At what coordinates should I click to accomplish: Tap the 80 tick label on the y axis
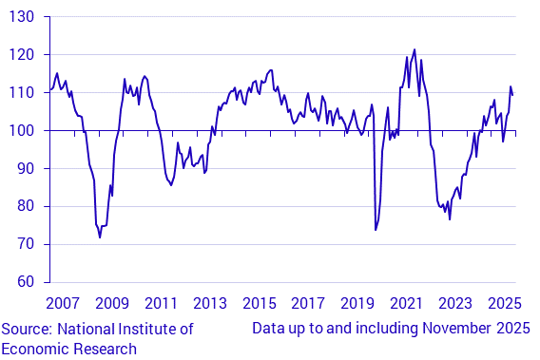tap(23, 206)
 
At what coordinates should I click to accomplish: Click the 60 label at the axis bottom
tap(23, 282)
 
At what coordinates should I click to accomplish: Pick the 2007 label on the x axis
tap(63, 304)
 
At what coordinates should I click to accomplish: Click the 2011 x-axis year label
tap(161, 304)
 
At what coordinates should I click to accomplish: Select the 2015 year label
tap(259, 304)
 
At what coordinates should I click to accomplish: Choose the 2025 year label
tap(504, 304)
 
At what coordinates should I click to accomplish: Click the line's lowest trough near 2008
tap(100, 237)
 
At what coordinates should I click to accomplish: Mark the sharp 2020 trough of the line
tap(376, 230)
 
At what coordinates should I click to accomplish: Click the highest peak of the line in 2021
tap(415, 49)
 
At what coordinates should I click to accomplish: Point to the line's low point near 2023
tap(450, 219)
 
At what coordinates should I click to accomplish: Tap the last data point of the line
tap(513, 94)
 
